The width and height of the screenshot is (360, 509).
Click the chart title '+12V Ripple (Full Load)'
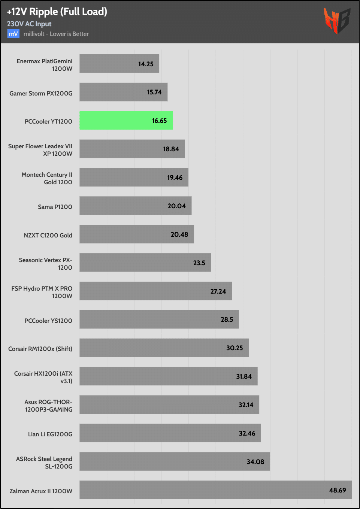[57, 12]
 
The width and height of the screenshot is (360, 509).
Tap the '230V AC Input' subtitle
[29, 24]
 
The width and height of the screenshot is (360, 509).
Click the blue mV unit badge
[13, 34]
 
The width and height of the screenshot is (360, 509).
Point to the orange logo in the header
[336, 21]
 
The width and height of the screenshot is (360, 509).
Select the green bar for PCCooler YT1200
[126, 121]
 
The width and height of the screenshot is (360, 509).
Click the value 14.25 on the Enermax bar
[146, 64]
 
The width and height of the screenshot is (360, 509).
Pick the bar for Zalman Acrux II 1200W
[215, 490]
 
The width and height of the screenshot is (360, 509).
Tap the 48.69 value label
[338, 490]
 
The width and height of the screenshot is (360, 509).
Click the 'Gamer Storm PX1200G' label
[41, 93]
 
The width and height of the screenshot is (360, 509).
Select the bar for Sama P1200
[135, 206]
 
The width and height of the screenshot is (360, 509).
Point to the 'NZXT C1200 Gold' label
[48, 235]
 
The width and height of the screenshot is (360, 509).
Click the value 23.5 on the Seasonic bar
[199, 263]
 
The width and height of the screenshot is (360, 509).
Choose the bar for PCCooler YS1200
[159, 319]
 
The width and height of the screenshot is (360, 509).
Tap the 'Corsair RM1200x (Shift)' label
[40, 349]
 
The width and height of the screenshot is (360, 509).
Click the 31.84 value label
[244, 376]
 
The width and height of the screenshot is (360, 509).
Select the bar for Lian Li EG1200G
[170, 433]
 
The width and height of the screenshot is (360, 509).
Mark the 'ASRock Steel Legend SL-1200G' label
[44, 463]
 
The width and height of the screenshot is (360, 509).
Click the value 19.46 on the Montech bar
[175, 178]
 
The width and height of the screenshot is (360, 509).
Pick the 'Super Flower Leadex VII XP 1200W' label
[40, 150]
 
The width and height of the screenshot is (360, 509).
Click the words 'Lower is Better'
[69, 34]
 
